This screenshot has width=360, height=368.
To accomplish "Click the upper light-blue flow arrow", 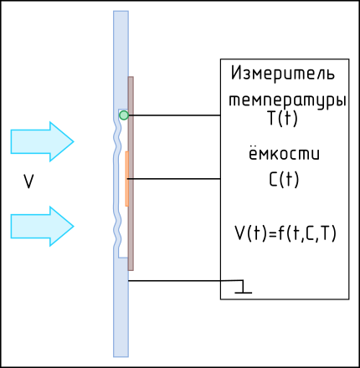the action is click(42, 141).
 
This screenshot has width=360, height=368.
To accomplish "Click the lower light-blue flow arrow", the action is click(42, 227).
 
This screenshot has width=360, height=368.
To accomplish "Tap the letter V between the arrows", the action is click(28, 181).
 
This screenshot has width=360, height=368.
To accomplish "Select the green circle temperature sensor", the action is click(124, 115).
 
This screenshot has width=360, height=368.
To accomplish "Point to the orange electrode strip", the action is click(126, 179).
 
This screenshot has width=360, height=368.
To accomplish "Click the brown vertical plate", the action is click(131, 173).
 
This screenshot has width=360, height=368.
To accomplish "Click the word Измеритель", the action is click(283, 74).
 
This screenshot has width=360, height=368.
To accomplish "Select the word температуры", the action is click(287, 100).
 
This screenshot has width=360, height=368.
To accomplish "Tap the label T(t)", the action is click(283, 119).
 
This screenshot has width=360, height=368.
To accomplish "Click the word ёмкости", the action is click(284, 154).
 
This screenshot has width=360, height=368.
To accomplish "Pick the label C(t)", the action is click(284, 179).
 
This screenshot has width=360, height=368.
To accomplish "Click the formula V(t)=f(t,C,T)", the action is click(285, 233).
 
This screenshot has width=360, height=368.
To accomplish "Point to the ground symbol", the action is click(244, 289).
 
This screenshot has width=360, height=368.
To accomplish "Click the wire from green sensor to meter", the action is click(174, 115).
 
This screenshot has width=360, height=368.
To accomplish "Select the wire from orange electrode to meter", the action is click(173, 179).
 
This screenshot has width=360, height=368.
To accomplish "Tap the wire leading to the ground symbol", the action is click(186, 281).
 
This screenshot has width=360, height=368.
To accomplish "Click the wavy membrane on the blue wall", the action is click(118, 183).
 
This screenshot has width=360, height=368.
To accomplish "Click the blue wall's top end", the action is click(121, 12).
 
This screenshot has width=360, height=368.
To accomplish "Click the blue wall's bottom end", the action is click(121, 356).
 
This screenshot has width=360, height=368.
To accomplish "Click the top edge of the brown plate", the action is click(131, 77).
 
